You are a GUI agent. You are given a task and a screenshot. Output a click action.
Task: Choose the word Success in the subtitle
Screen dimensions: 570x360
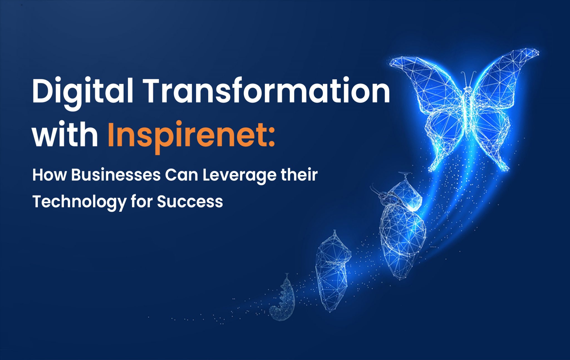(x=190, y=201)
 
